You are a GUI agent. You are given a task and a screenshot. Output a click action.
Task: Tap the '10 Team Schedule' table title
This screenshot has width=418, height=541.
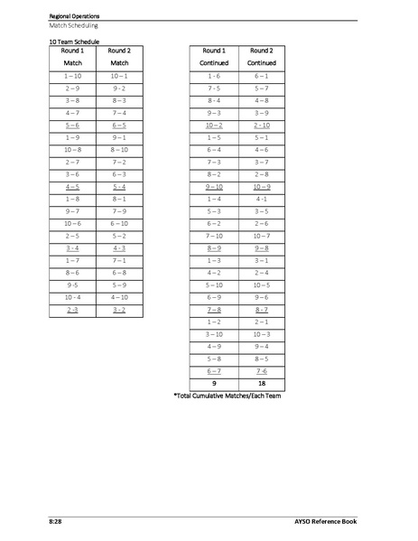click(74, 42)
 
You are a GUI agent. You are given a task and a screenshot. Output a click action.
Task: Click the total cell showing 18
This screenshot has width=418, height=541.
click(261, 382)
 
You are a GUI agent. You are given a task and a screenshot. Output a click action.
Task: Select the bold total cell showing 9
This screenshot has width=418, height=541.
click(214, 382)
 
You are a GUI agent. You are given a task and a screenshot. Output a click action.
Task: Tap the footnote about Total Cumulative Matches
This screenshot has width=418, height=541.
click(228, 395)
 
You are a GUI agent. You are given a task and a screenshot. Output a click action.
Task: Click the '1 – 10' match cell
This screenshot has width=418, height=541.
click(72, 78)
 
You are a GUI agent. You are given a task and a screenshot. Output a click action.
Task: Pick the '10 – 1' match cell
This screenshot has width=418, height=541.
click(119, 78)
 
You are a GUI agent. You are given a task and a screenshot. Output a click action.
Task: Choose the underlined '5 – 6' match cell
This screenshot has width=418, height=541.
click(72, 125)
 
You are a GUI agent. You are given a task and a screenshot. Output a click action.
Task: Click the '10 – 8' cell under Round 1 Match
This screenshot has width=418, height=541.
click(72, 148)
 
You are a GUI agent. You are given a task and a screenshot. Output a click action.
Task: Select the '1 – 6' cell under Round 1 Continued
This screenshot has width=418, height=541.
click(214, 78)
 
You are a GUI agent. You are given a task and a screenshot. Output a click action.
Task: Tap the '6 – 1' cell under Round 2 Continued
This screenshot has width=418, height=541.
click(261, 78)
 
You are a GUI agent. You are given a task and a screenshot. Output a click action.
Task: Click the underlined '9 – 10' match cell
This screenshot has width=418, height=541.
click(214, 185)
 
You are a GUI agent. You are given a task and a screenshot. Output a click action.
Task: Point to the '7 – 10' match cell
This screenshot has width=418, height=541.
click(214, 235)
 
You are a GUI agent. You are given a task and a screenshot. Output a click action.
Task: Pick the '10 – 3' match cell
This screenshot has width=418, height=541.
click(261, 333)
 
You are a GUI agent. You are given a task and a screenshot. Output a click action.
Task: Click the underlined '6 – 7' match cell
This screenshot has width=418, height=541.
click(214, 369)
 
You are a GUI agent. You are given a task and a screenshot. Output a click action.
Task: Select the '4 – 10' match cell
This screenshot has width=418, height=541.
click(119, 296)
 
